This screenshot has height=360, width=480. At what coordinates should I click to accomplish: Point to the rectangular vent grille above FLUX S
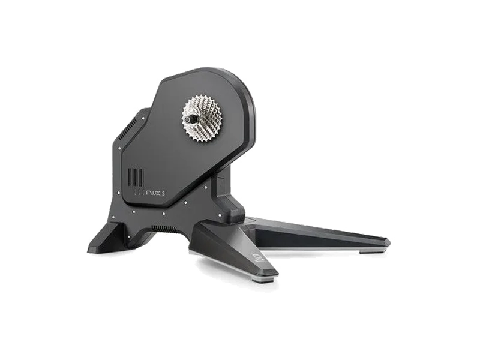[136, 176]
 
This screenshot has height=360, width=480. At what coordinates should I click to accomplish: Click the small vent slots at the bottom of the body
[164, 228]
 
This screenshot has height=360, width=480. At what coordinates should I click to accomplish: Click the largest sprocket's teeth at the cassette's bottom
[201, 137]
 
